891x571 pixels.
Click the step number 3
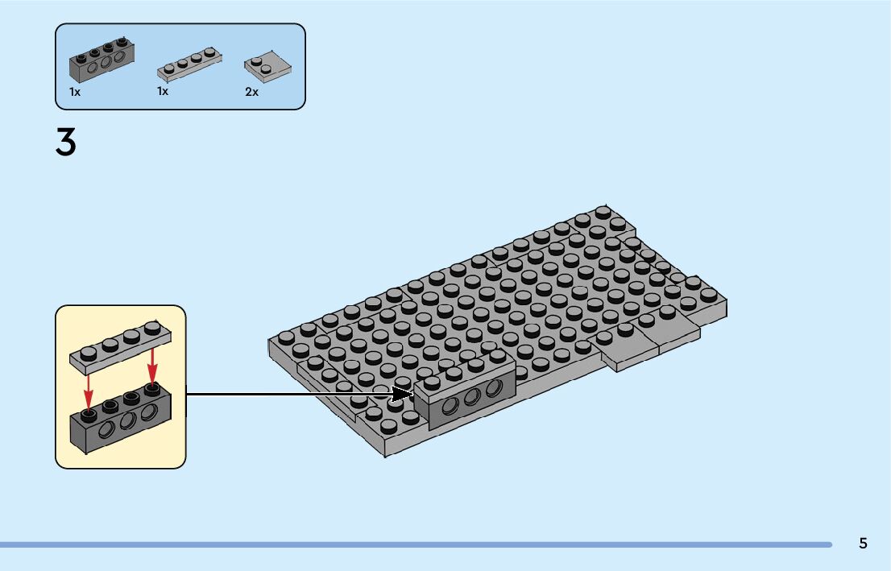point(66,143)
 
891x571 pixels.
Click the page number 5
point(863,543)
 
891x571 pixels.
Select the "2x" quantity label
point(252,92)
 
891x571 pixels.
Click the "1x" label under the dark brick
point(75,92)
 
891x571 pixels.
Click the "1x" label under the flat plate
point(163,91)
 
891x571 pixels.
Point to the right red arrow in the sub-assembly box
point(151,366)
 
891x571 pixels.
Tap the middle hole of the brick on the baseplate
point(472,395)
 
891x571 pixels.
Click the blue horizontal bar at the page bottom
point(415,544)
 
